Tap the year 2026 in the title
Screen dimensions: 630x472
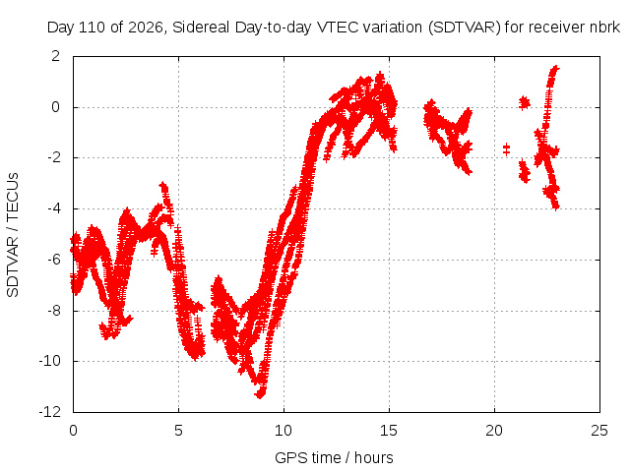(x=145, y=28)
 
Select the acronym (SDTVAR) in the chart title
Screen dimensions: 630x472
(x=464, y=28)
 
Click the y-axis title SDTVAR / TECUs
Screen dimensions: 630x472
(x=13, y=235)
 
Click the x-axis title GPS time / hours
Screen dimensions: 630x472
(x=334, y=457)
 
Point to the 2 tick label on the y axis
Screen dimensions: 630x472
(x=55, y=56)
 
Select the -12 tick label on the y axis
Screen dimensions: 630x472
(x=50, y=412)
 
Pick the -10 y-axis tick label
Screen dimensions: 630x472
(x=50, y=361)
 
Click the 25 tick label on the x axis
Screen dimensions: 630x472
(x=599, y=431)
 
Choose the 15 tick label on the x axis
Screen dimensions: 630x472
(x=389, y=431)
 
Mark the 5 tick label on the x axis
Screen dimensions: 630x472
(x=178, y=431)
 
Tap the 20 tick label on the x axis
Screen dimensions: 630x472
(x=494, y=431)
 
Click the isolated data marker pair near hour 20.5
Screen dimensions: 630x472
(x=506, y=149)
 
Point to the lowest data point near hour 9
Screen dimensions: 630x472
(x=260, y=395)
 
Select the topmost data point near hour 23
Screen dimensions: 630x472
(x=555, y=68)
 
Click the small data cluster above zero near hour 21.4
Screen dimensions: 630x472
(x=524, y=103)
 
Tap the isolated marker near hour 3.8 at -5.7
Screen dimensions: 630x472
(x=155, y=252)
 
